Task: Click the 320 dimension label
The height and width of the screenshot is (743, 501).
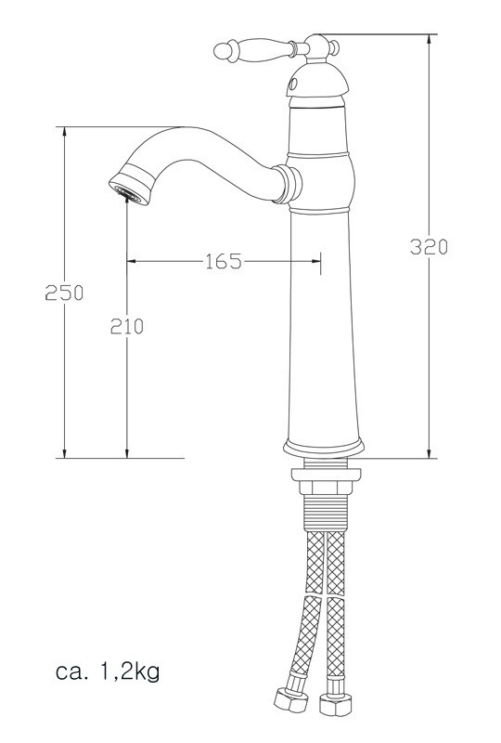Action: point(430,246)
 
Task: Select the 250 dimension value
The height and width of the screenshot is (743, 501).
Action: point(65,293)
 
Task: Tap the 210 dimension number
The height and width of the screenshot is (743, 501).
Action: point(127,326)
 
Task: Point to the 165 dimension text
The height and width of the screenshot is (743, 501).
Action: point(223,262)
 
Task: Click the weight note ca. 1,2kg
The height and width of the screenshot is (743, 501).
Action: point(112,670)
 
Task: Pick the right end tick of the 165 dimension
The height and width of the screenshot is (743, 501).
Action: point(320,262)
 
